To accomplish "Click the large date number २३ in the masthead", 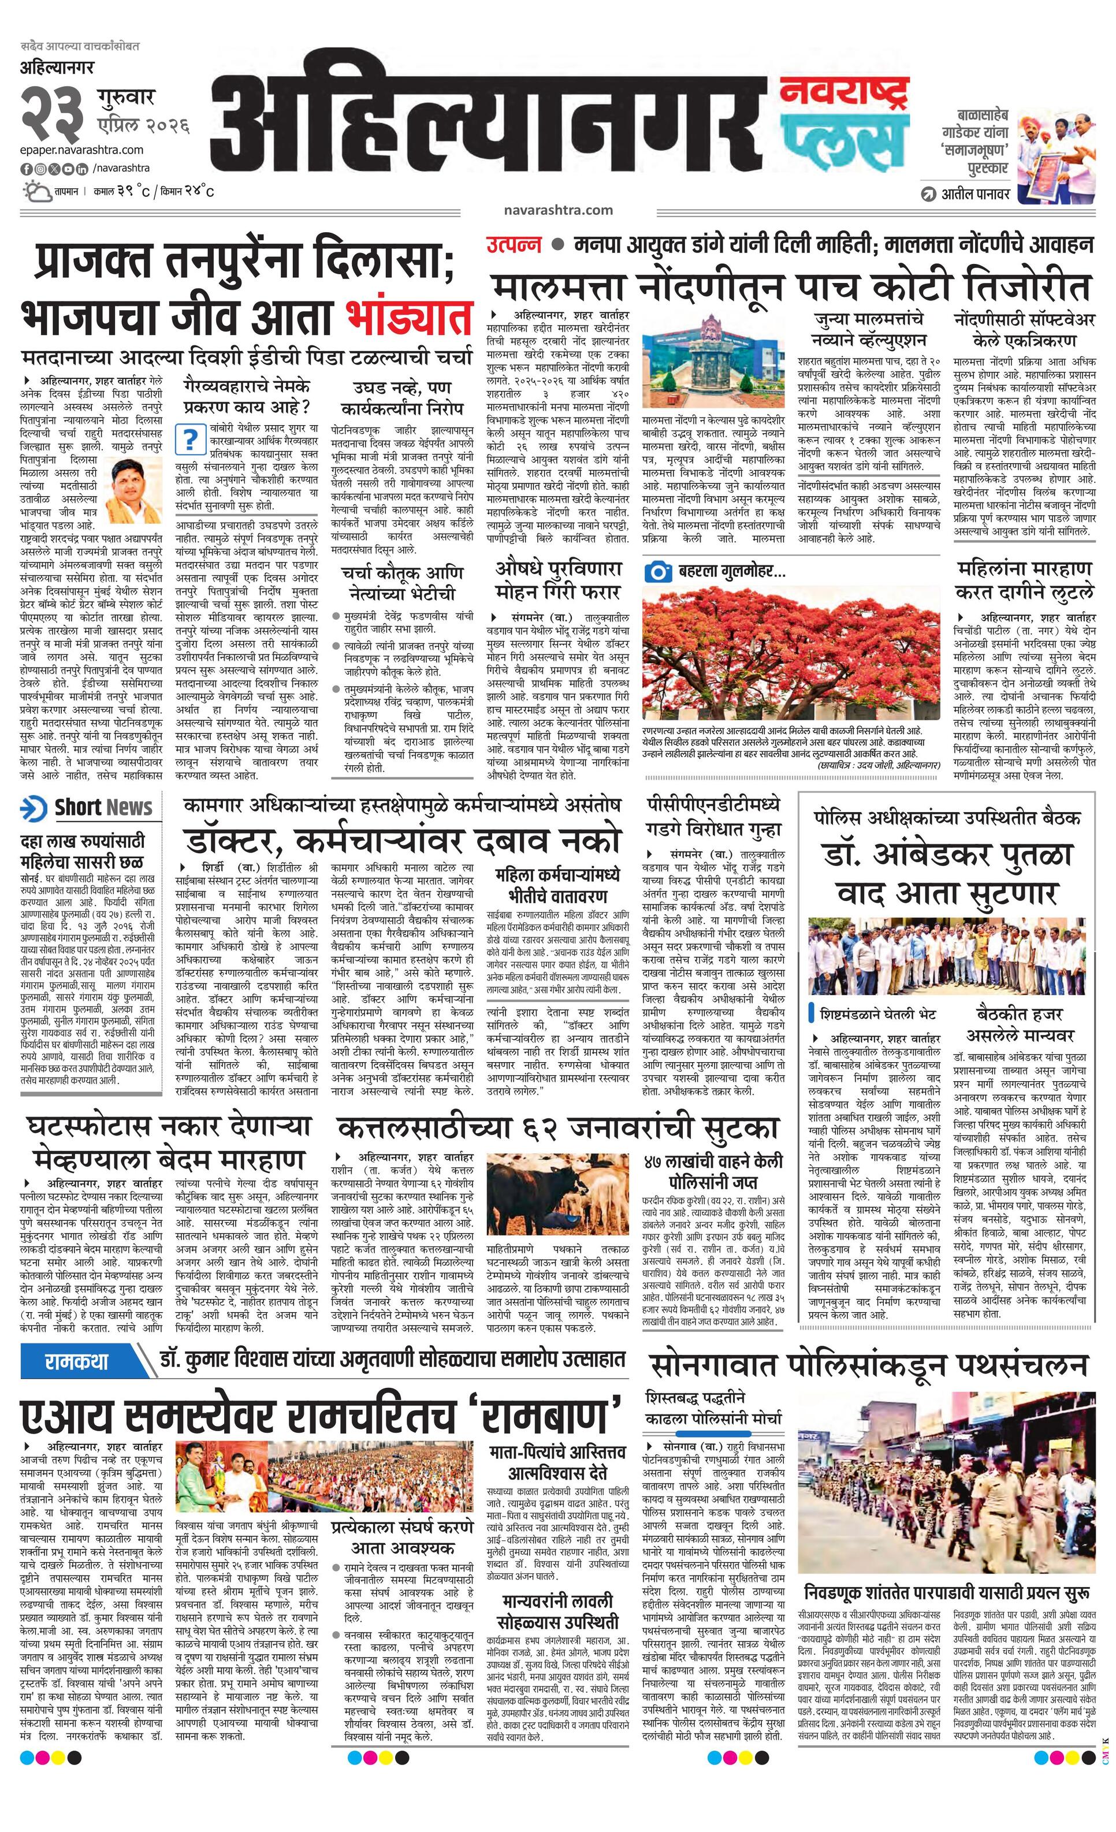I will click(54, 111).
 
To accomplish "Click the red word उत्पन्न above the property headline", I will click(513, 245).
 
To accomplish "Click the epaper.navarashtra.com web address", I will click(82, 150).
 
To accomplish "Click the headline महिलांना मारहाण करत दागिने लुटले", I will click(1025, 580).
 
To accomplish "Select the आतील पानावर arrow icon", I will click(929, 195).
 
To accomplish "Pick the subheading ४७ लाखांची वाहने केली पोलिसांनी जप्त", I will click(713, 1172).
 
